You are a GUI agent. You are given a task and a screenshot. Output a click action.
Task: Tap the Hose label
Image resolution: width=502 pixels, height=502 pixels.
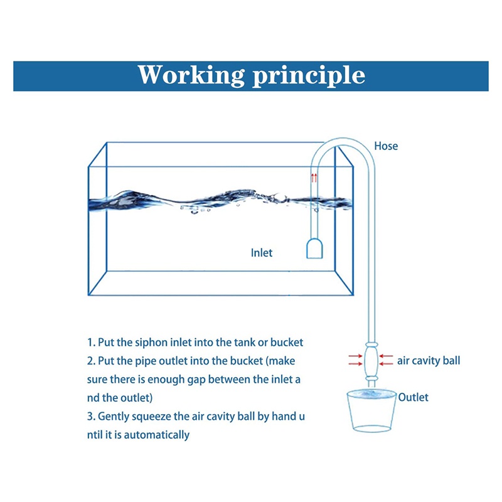click(386, 146)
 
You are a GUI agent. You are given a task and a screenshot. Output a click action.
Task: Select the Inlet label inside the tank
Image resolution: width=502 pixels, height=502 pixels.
click(262, 253)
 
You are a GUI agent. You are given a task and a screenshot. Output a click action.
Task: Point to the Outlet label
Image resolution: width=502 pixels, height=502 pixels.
click(413, 397)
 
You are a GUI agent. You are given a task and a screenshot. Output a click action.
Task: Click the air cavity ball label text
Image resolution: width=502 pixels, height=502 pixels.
click(428, 361)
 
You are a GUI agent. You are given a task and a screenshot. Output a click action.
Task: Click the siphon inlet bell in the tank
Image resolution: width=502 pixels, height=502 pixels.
click(314, 248)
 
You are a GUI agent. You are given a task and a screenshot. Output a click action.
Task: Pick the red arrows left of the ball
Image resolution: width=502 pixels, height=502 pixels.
click(355, 360)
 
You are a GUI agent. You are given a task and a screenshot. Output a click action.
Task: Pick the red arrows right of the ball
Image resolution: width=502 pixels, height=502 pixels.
click(386, 360)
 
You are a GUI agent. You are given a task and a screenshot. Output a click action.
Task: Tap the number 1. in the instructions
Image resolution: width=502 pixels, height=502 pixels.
click(91, 343)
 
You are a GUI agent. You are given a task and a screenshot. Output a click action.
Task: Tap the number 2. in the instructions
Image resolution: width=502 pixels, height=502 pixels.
click(91, 361)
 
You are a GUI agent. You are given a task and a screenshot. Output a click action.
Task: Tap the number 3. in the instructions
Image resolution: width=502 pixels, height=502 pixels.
click(91, 416)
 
